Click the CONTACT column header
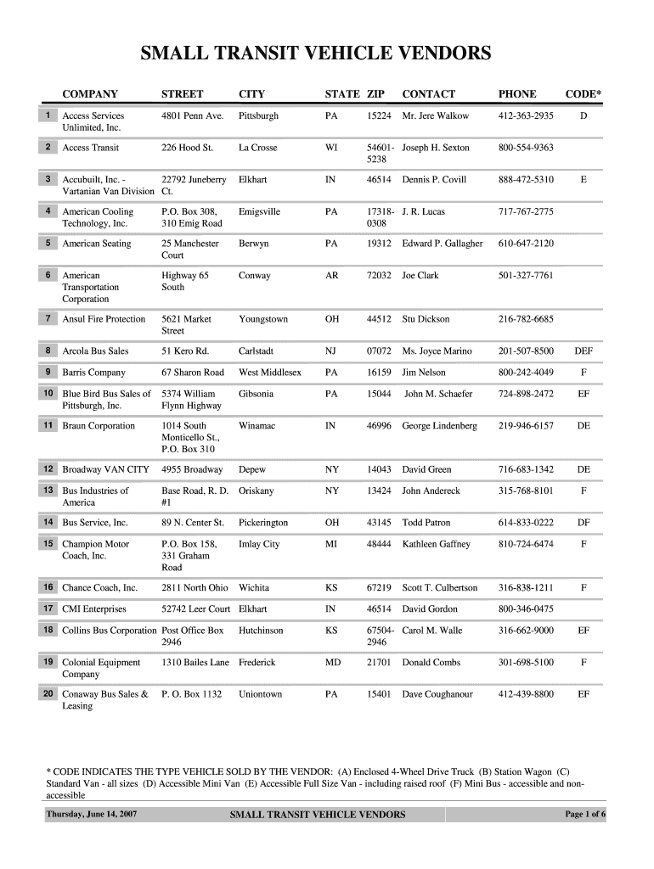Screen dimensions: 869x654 pyautogui.click(x=428, y=94)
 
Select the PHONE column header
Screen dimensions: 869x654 pyautogui.click(x=516, y=94)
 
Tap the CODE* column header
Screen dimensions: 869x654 pyautogui.click(x=584, y=94)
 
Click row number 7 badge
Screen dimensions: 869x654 pyautogui.click(x=48, y=318)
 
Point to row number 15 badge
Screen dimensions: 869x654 pyautogui.click(x=48, y=543)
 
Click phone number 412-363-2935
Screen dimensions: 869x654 pyautogui.click(x=526, y=115)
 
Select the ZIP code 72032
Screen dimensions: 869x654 pyautogui.click(x=379, y=276)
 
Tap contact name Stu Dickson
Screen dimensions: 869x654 pyautogui.click(x=426, y=319)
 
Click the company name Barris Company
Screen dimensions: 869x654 pyautogui.click(x=93, y=373)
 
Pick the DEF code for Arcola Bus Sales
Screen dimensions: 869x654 pyautogui.click(x=584, y=351)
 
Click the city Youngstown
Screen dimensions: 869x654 pyautogui.click(x=263, y=319)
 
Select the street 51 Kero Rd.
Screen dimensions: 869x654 pyautogui.click(x=185, y=351)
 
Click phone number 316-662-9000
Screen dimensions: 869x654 pyautogui.click(x=526, y=631)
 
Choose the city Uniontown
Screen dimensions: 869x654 pyautogui.click(x=260, y=694)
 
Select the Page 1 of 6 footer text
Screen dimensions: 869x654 pyautogui.click(x=585, y=815)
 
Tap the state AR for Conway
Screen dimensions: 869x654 pyautogui.click(x=332, y=276)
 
